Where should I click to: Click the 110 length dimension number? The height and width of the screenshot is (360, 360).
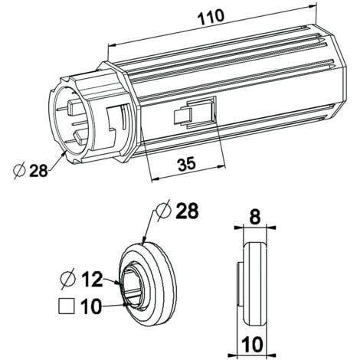point(211,17)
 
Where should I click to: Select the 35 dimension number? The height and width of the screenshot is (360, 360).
point(187,164)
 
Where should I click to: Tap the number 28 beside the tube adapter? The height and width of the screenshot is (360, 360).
point(38,170)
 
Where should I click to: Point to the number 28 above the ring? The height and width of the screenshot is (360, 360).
point(187,211)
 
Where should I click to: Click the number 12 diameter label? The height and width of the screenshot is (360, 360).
point(92,279)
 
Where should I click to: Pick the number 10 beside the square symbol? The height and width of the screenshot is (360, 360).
point(91,306)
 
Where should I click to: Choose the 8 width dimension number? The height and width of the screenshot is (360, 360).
point(255,217)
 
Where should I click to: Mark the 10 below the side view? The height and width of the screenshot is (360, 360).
point(252,344)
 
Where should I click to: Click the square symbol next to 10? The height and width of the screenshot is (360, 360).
point(67,306)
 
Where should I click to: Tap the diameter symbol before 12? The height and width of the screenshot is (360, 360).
point(68,279)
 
